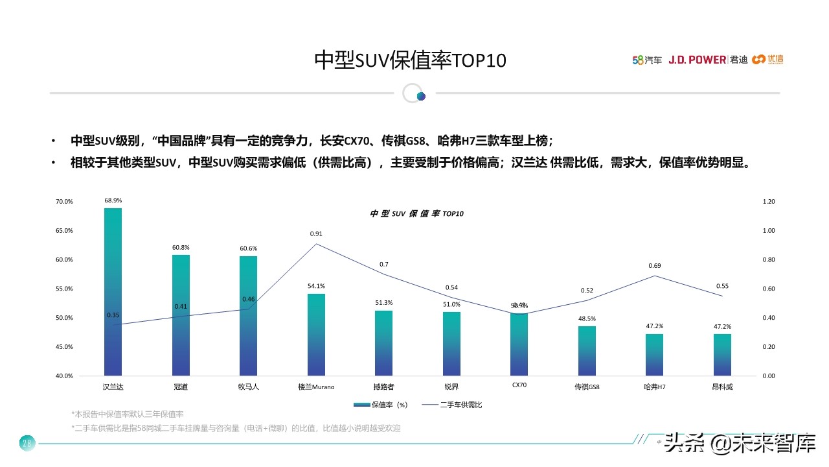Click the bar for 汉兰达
pyautogui.click(x=113, y=292)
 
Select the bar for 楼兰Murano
pyautogui.click(x=316, y=335)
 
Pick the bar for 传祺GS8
pyautogui.click(x=587, y=351)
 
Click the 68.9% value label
pyautogui.click(x=113, y=200)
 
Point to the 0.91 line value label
pyautogui.click(x=316, y=233)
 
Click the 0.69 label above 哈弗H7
pyautogui.click(x=654, y=266)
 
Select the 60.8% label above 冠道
pyautogui.click(x=181, y=248)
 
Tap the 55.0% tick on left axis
pyautogui.click(x=64, y=289)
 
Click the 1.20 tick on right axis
pyautogui.click(x=769, y=202)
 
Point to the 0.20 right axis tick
pyautogui.click(x=769, y=347)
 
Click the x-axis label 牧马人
pyautogui.click(x=248, y=387)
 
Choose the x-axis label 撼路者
pyautogui.click(x=383, y=387)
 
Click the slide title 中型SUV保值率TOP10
pyautogui.click(x=410, y=60)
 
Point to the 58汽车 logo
pyautogui.click(x=647, y=60)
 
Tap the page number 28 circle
pyautogui.click(x=27, y=444)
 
